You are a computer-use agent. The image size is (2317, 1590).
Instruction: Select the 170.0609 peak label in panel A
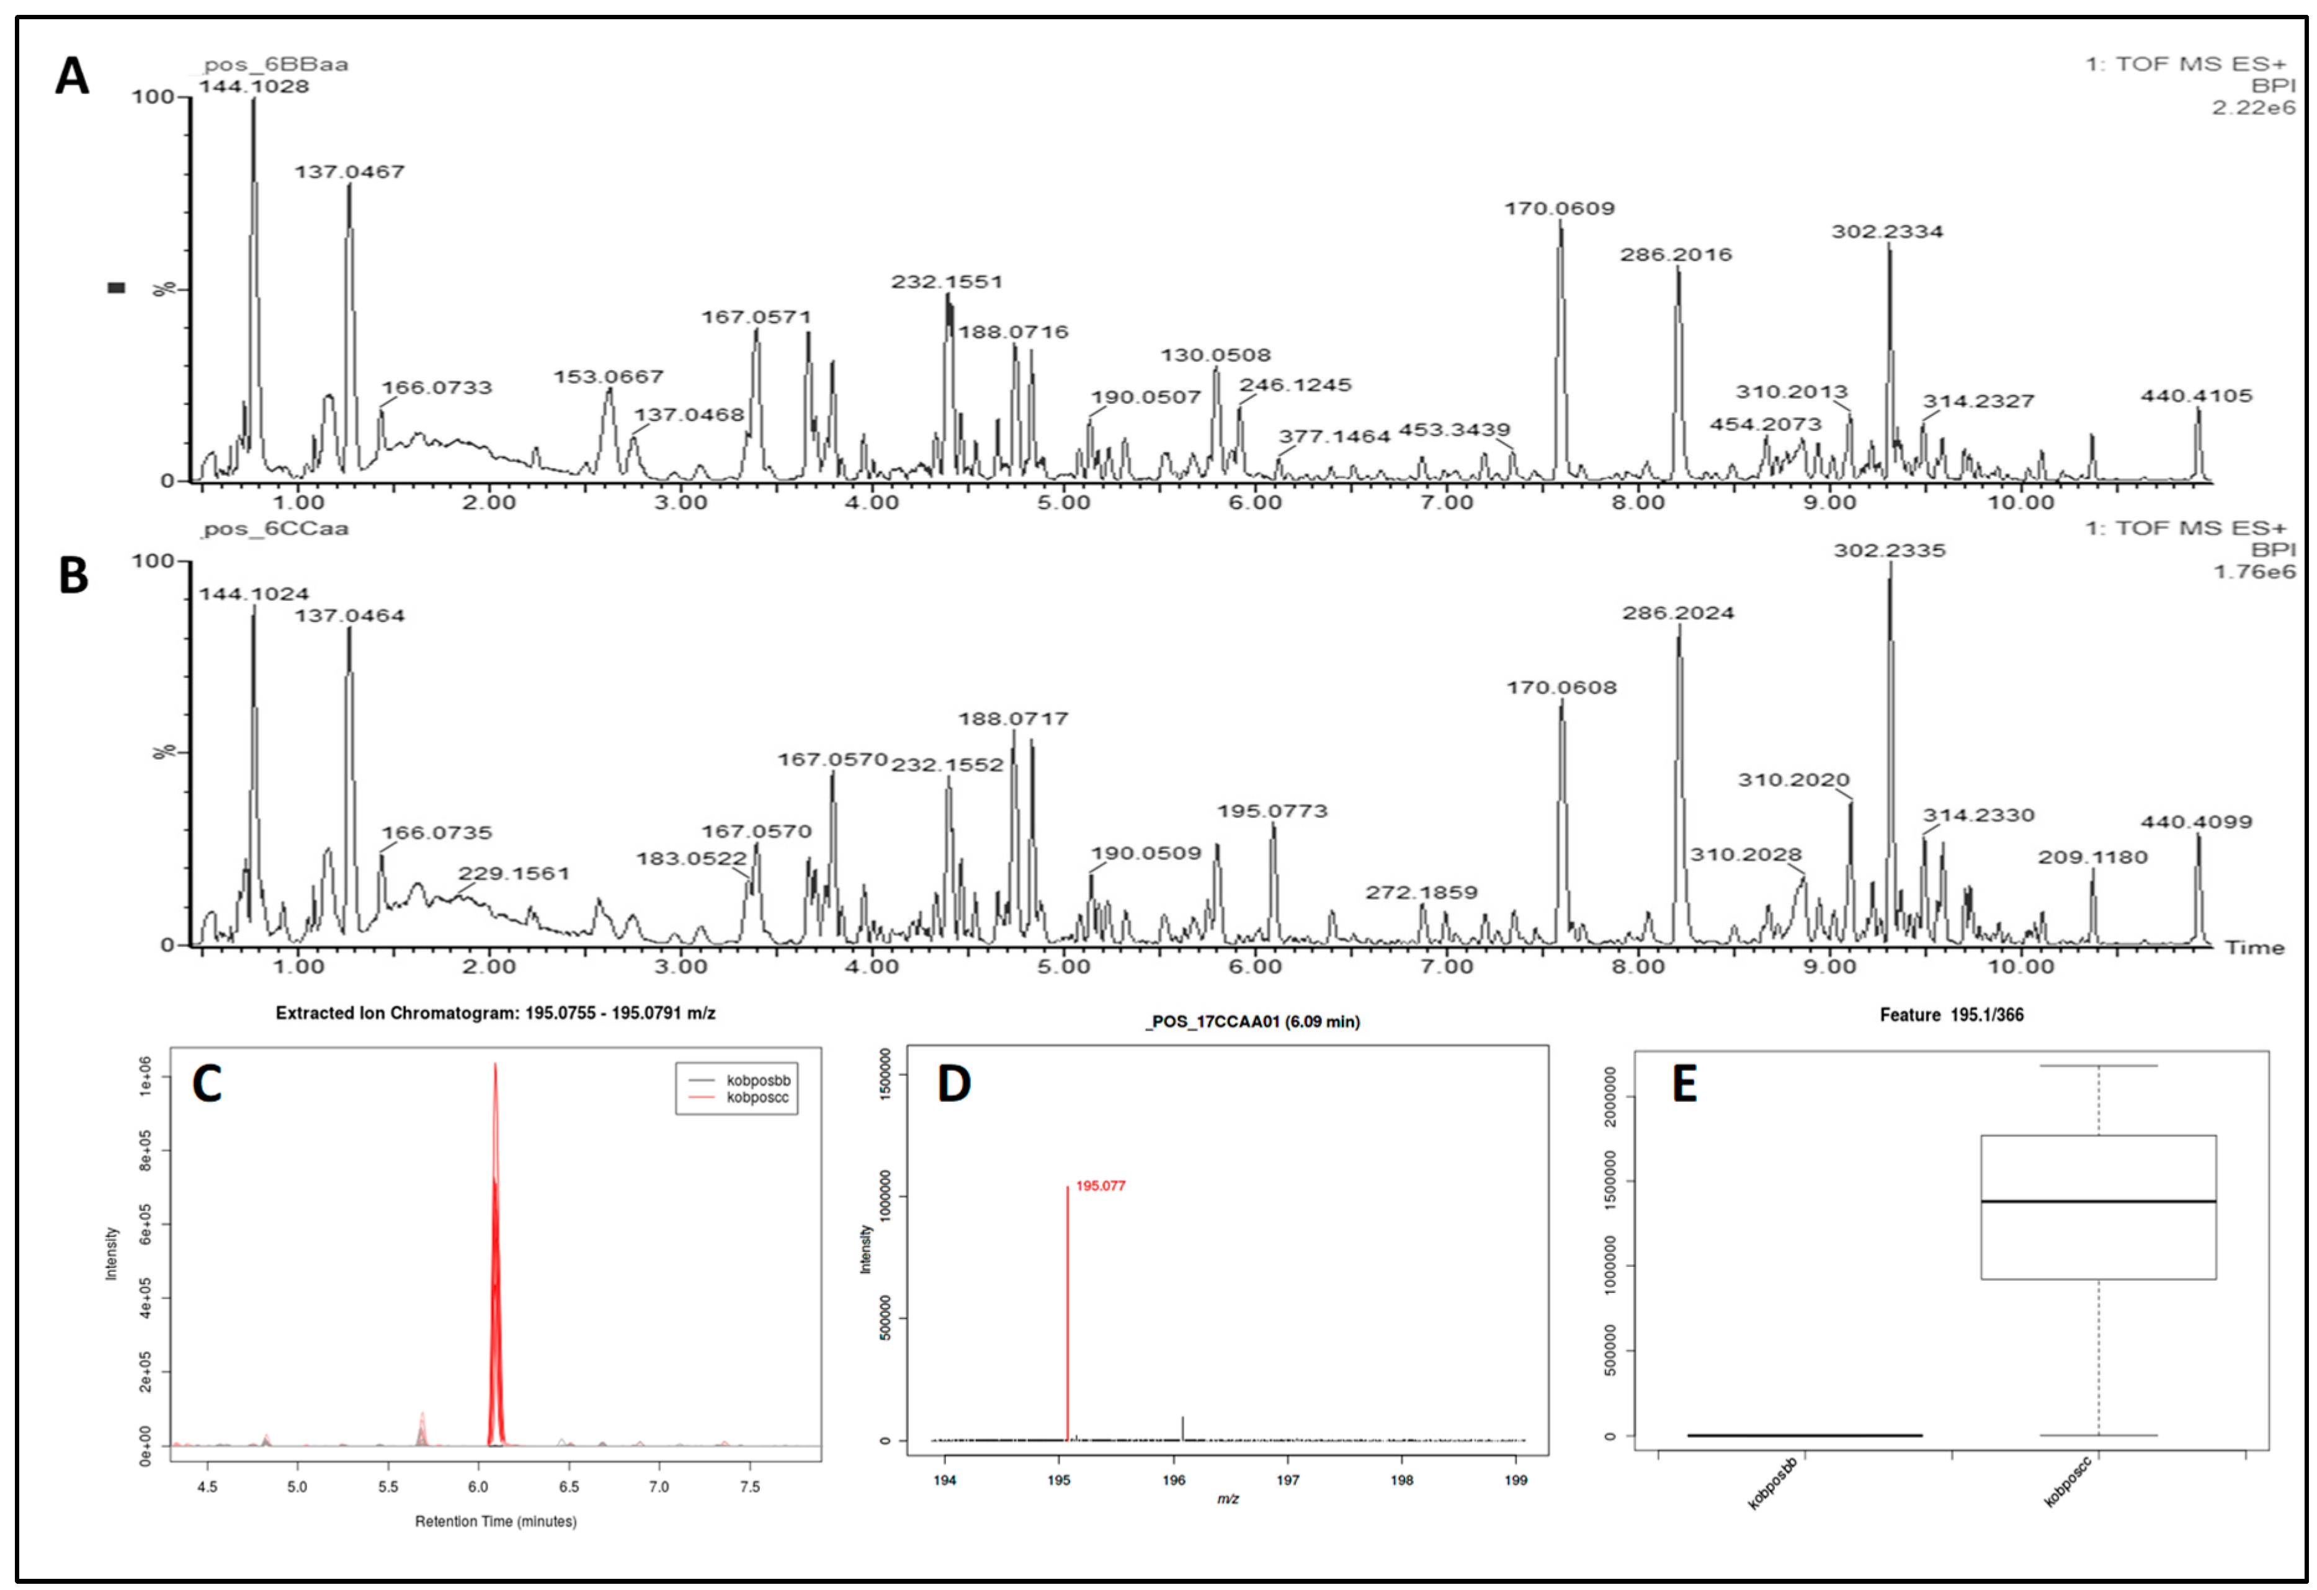coord(1560,208)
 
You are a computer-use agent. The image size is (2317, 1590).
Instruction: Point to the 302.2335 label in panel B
coord(1890,550)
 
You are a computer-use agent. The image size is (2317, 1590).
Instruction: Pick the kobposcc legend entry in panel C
coord(757,1098)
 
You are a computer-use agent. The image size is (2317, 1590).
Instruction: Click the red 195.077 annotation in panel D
coord(1100,1185)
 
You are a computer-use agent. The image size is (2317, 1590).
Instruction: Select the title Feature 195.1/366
coord(1951,1015)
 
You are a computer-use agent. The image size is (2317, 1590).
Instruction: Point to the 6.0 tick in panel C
coord(478,1486)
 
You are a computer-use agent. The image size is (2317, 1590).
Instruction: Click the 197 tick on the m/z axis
coord(1287,1480)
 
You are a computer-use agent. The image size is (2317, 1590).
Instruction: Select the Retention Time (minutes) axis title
coord(496,1521)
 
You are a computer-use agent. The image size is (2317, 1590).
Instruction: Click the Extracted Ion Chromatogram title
coord(496,1013)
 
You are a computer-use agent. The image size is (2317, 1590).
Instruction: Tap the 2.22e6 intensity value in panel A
coord(2252,108)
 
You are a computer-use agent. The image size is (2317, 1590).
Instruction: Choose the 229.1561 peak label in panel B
coord(514,873)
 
